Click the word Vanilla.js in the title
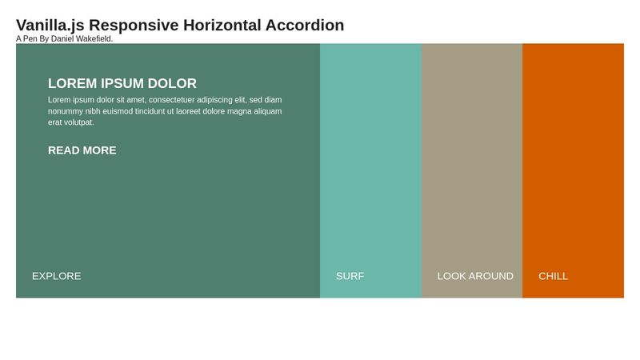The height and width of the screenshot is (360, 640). (50, 26)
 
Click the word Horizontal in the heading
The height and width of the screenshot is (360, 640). (216, 26)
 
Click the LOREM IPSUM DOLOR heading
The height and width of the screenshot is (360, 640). (122, 83)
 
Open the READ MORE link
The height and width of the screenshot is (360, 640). (82, 150)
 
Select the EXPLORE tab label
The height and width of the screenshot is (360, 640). (57, 276)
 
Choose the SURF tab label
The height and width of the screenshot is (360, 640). (350, 276)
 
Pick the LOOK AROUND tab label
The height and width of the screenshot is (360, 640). (475, 276)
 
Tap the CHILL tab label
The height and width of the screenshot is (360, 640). (553, 276)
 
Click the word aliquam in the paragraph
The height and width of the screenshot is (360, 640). (267, 111)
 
